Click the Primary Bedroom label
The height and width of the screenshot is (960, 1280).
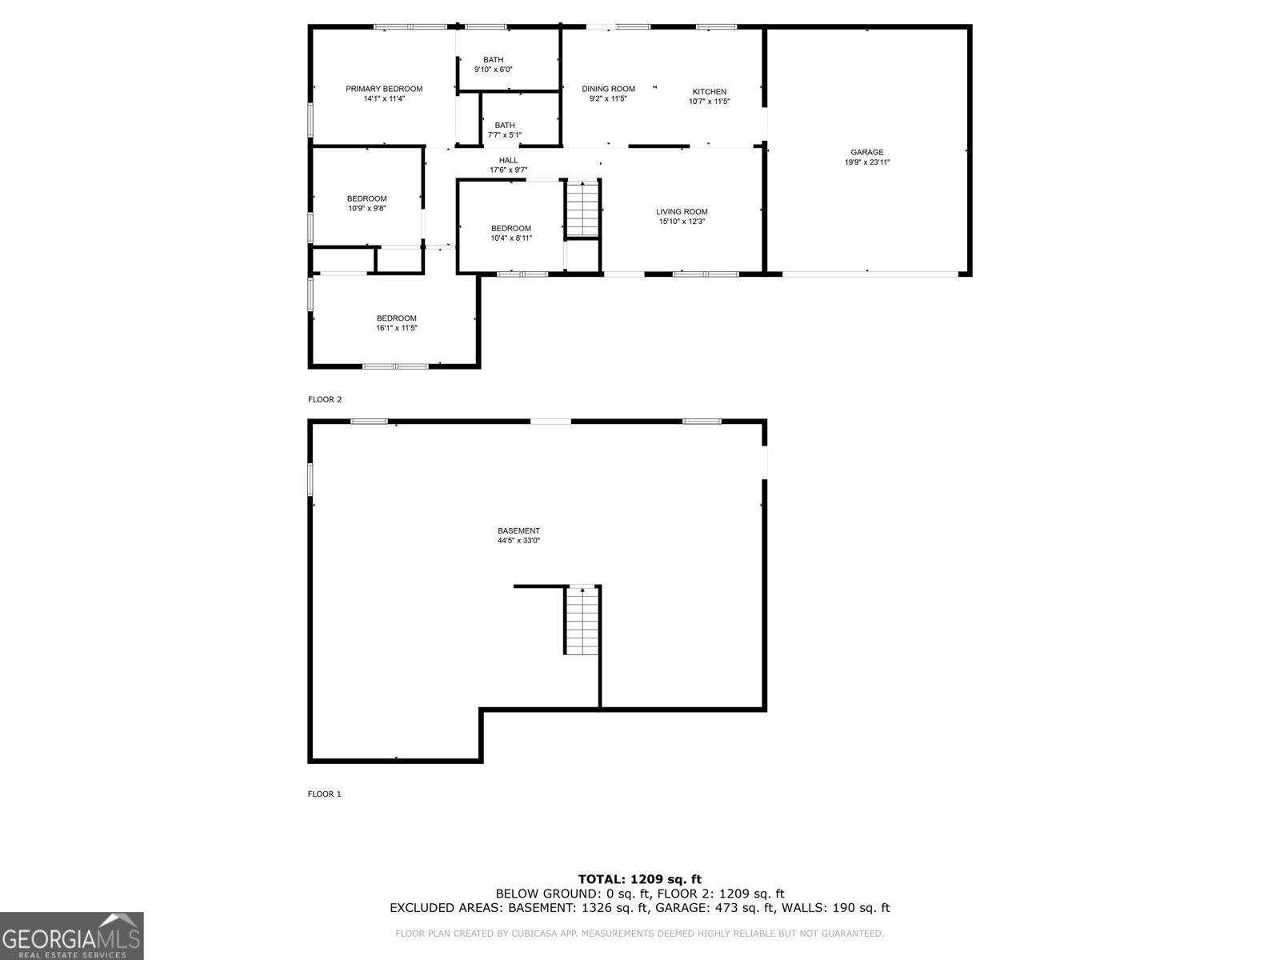384,89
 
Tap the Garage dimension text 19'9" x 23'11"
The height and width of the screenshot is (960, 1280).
867,162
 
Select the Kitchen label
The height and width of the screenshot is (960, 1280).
710,92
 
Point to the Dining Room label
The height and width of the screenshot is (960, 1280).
608,89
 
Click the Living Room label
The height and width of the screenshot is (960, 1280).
682,212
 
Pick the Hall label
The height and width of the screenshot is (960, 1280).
508,161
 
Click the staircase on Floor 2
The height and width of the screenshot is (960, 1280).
582,209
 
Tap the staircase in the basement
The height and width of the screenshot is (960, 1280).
582,621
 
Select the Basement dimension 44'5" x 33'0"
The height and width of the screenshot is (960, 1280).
518,541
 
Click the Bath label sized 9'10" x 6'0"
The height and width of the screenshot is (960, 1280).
494,60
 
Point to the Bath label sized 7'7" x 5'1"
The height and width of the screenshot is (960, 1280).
505,126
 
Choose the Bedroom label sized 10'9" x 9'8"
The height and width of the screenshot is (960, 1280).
366,199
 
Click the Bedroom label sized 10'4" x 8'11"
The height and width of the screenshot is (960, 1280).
511,229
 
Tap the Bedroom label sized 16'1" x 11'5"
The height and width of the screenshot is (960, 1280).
397,318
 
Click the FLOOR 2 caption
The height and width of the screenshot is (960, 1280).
325,399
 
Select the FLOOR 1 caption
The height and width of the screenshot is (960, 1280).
325,794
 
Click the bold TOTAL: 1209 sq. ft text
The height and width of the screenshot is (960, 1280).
640,879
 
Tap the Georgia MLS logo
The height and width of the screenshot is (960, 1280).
72,936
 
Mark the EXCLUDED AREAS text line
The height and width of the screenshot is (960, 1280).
640,908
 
